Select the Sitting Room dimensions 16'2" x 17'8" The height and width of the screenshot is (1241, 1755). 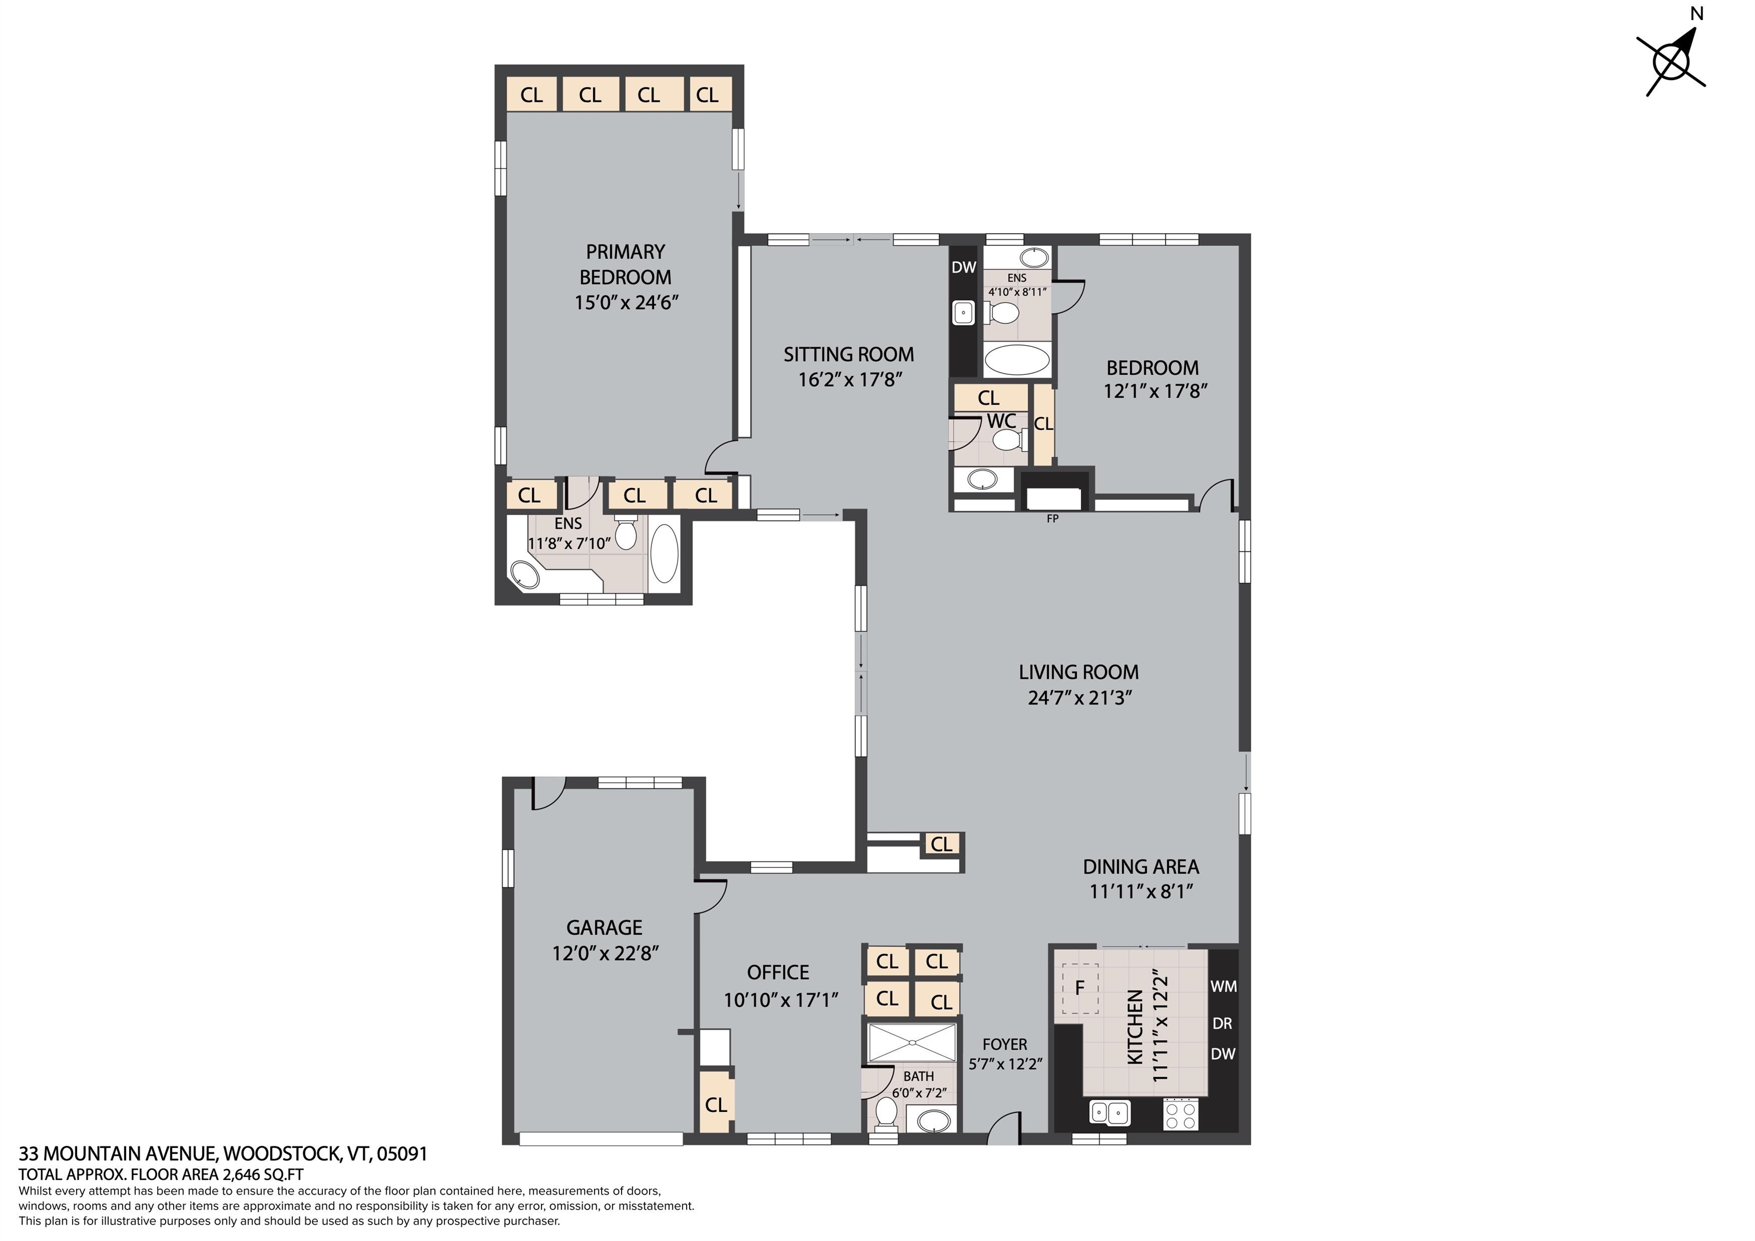(850, 380)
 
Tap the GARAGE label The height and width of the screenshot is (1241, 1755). (604, 927)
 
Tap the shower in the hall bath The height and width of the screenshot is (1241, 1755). (911, 1043)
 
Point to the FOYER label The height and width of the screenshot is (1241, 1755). (1004, 1044)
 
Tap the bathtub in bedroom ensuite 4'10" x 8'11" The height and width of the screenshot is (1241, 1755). (1017, 359)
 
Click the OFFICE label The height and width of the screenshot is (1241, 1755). (778, 972)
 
